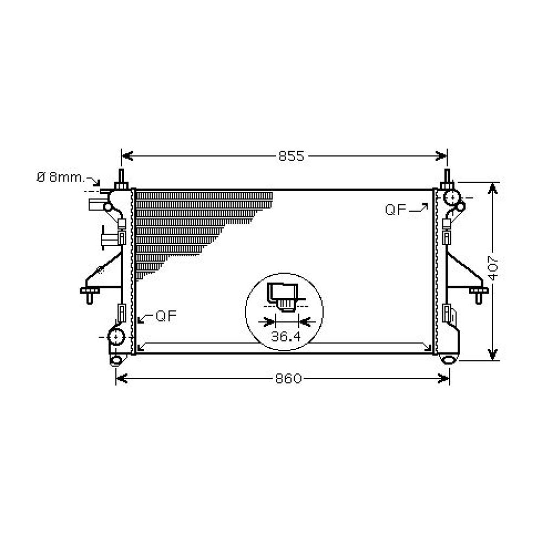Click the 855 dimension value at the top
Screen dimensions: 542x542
point(292,157)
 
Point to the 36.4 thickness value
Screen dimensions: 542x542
point(286,337)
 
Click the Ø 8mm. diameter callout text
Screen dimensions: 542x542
point(60,177)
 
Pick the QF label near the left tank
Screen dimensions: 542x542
point(166,316)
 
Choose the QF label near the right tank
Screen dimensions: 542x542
point(396,210)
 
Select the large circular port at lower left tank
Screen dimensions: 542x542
point(115,337)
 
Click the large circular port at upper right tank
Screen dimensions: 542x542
point(451,198)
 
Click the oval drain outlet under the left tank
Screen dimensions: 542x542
point(116,359)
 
